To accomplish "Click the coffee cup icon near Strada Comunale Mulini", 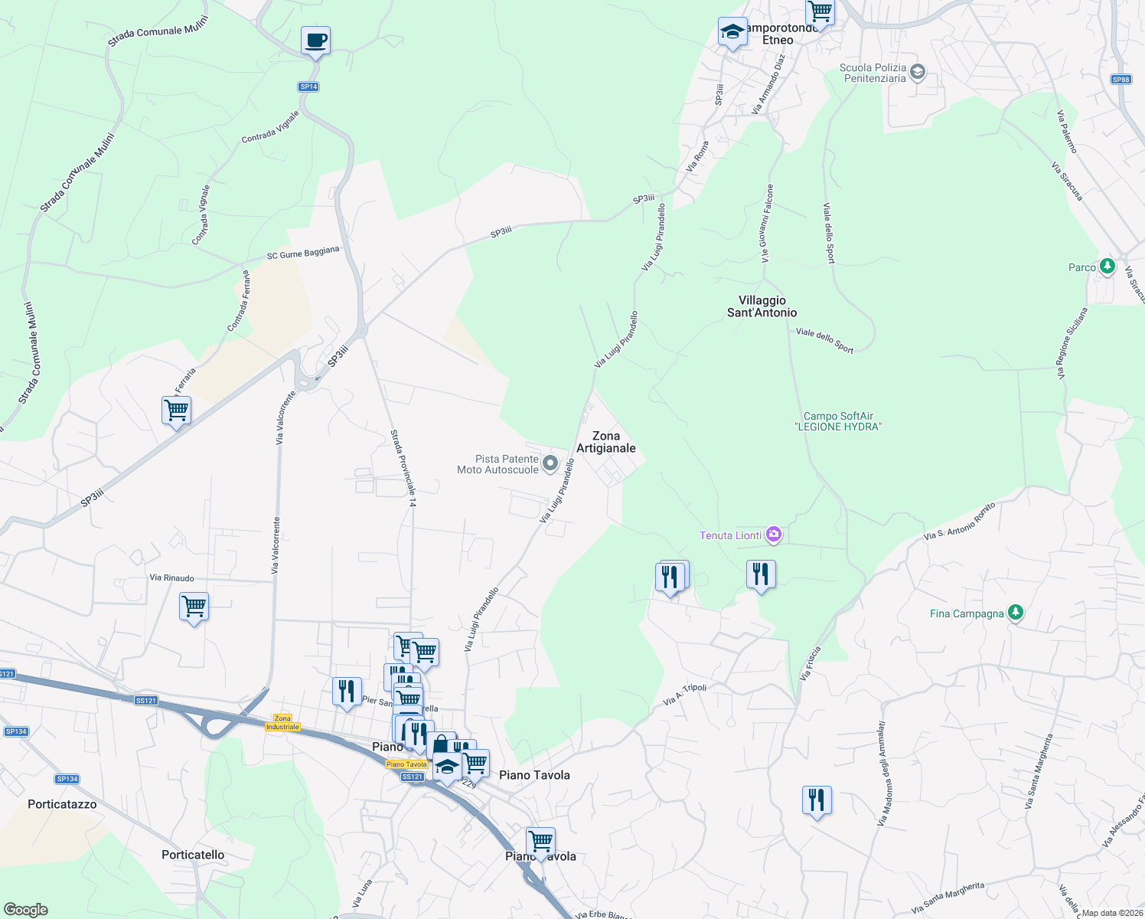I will pyautogui.click(x=315, y=41).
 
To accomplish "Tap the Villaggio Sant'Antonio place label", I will pyautogui.click(x=762, y=306).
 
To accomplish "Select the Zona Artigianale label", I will pyautogui.click(x=606, y=442).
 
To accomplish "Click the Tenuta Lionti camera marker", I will pyautogui.click(x=774, y=535).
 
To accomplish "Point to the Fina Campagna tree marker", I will pyautogui.click(x=1016, y=613).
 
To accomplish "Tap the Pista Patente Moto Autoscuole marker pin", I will pyautogui.click(x=550, y=463).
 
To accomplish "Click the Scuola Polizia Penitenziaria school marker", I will pyautogui.click(x=918, y=73).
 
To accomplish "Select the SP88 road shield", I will pyautogui.click(x=1121, y=80).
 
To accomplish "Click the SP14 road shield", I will pyautogui.click(x=308, y=87).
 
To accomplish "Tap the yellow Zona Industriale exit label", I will pyautogui.click(x=282, y=722).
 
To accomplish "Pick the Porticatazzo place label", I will pyautogui.click(x=62, y=804).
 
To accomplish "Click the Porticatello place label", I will pyautogui.click(x=193, y=855).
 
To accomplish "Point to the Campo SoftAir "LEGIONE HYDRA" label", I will pyautogui.click(x=838, y=421).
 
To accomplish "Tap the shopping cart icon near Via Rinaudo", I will pyautogui.click(x=194, y=607).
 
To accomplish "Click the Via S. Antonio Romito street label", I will pyautogui.click(x=959, y=522).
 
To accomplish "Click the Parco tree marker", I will pyautogui.click(x=1107, y=267).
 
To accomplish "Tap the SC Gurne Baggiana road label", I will pyautogui.click(x=302, y=253).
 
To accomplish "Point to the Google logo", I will pyautogui.click(x=25, y=910).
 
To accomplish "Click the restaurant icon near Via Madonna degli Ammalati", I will pyautogui.click(x=817, y=800).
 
